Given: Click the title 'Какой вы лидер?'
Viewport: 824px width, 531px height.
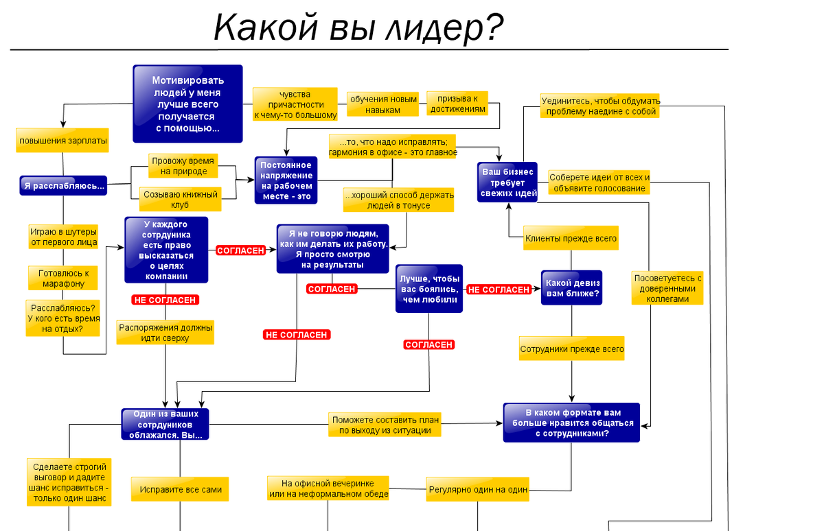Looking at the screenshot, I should click(358, 28).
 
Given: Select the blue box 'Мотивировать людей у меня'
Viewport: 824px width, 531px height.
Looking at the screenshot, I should click(187, 104).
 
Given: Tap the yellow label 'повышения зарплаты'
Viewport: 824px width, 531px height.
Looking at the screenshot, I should click(63, 141).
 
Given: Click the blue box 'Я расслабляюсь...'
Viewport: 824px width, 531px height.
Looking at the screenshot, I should click(64, 185).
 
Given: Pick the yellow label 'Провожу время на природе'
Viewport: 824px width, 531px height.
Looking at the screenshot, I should click(183, 166).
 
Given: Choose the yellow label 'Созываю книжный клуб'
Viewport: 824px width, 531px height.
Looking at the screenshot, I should click(181, 200).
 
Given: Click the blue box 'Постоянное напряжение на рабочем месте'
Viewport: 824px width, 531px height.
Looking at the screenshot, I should click(286, 180).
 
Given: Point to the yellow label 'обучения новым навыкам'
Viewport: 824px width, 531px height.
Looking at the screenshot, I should click(383, 104).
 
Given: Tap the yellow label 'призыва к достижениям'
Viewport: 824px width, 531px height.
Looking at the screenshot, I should click(457, 104).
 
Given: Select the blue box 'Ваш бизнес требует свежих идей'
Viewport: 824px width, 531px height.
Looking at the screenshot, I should click(507, 182).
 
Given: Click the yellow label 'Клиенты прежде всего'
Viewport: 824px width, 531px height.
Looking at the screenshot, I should click(571, 239).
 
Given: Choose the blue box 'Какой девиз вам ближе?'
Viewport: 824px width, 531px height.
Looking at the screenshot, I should click(571, 288).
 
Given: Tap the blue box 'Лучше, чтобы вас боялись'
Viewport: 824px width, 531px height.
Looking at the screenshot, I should click(429, 289).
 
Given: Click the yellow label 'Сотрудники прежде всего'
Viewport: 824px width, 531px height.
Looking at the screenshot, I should click(572, 349).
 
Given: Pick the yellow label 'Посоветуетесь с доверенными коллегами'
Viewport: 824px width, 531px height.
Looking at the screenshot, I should click(667, 288).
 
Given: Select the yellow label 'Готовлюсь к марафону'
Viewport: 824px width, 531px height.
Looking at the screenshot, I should click(63, 278).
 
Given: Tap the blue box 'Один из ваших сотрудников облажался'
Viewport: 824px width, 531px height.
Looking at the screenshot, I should click(165, 425).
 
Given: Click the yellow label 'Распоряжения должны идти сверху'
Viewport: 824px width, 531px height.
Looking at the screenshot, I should click(165, 333).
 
